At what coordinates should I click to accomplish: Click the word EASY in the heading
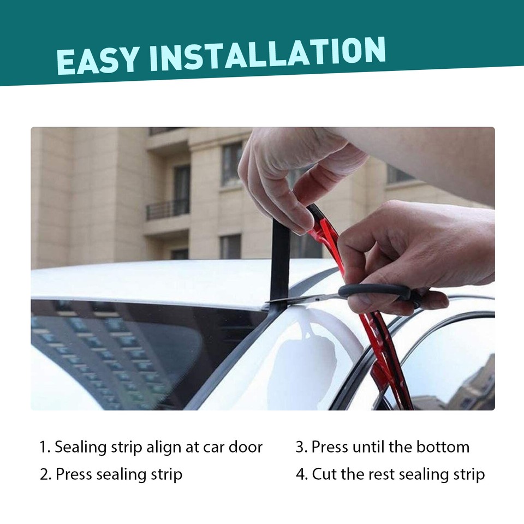pyautogui.click(x=98, y=60)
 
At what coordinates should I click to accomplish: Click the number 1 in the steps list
pyautogui.click(x=44, y=448)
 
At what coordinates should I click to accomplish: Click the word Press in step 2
pyautogui.click(x=74, y=474)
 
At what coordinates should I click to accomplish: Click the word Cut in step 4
pyautogui.click(x=324, y=474)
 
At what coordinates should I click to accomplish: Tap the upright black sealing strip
pyautogui.click(x=280, y=262)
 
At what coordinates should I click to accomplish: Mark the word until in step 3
pyautogui.click(x=371, y=448)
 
